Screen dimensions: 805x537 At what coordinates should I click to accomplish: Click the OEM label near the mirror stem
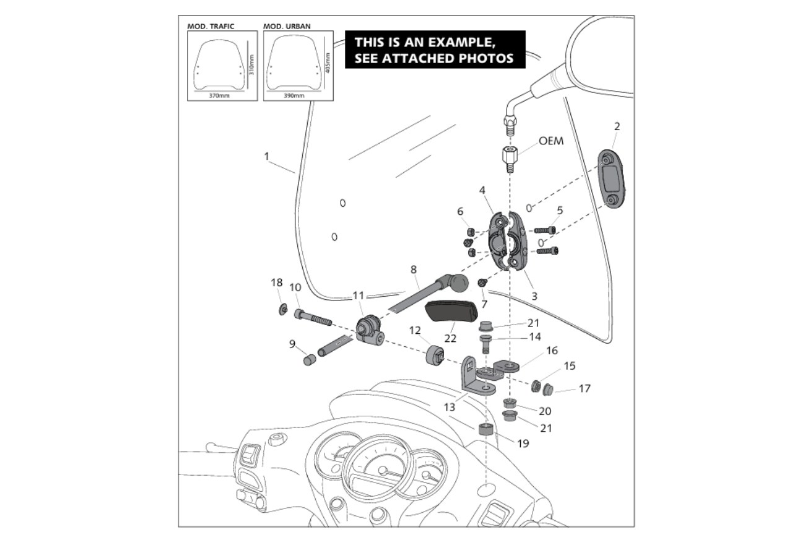pyautogui.click(x=551, y=141)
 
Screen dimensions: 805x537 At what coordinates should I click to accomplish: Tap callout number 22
pyautogui.click(x=450, y=338)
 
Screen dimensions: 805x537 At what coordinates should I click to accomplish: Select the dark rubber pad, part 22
pyautogui.click(x=451, y=312)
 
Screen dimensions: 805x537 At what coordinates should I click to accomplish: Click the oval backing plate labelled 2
pyautogui.click(x=611, y=178)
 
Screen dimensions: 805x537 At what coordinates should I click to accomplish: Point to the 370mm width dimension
pyautogui.click(x=219, y=95)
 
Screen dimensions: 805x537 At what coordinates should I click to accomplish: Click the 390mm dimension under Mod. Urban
pyautogui.click(x=294, y=95)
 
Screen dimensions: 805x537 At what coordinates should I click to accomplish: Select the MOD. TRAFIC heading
pyautogui.click(x=211, y=26)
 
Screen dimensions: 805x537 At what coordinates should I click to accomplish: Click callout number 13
pyautogui.click(x=449, y=408)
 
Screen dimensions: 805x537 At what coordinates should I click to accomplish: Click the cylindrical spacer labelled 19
pyautogui.click(x=485, y=429)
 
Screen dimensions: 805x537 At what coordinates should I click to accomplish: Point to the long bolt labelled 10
pyautogui.click(x=313, y=317)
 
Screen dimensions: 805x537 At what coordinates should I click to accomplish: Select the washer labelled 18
pyautogui.click(x=283, y=309)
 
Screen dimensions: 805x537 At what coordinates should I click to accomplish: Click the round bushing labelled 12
pyautogui.click(x=435, y=355)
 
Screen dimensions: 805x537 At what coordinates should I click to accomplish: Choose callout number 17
pyautogui.click(x=585, y=388)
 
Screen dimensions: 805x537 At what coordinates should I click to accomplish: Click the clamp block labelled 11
pyautogui.click(x=370, y=330)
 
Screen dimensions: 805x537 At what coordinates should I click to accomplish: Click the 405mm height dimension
pyautogui.click(x=328, y=63)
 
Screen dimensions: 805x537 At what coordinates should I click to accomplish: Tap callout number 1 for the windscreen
pyautogui.click(x=266, y=156)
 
